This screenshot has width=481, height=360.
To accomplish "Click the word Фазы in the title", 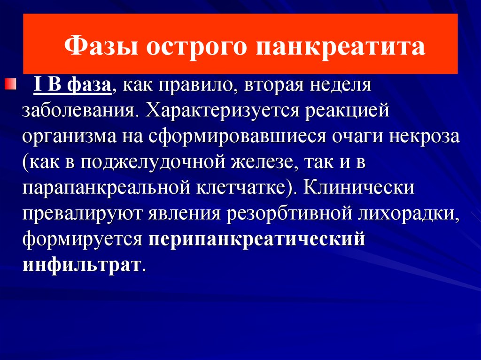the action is coord(101,46).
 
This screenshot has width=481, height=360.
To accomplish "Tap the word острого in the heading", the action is coord(196,47).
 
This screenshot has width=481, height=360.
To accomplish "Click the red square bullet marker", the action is coord(10,84).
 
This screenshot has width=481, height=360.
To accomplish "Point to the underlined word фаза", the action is coord(89,84).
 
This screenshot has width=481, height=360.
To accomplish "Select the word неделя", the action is coord(340,85).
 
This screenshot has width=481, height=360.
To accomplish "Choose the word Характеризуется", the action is coord(222,111).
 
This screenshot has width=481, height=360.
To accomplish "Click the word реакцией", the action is coord(347,110).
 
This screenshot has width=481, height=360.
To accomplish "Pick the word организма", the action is coord(70,137).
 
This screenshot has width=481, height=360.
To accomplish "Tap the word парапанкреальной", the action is coord(106,188).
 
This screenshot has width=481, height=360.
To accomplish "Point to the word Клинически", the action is coord(359,187).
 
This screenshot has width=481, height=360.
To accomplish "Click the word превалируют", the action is coord(82,214).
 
